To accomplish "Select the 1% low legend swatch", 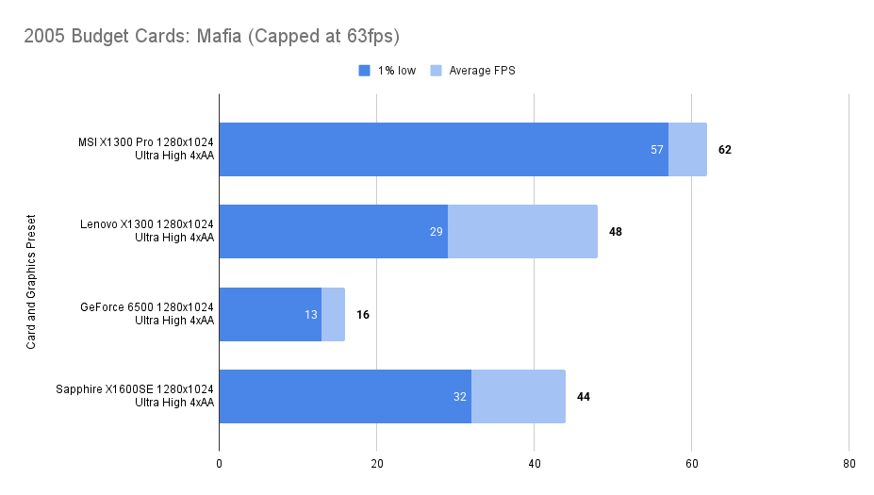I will tap(364, 70).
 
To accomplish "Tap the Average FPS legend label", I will tap(482, 70).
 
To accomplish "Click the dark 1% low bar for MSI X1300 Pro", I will tap(443, 149).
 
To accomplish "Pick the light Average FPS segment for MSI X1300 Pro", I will tap(687, 149).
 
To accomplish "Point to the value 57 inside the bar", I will tap(657, 150).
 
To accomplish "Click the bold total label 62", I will tap(724, 150).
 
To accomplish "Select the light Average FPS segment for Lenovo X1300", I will tap(522, 231).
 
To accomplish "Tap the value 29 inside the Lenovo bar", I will tap(437, 232).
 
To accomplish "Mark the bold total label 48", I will tap(615, 232).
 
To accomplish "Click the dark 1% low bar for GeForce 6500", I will tap(270, 314).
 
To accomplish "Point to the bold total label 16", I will tap(362, 314).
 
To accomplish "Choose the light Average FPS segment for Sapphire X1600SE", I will tap(518, 396).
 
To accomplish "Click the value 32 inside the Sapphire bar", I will tap(460, 397).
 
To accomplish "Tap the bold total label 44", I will tap(583, 397).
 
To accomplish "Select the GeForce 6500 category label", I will tap(147, 313).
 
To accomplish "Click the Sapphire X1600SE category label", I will tap(135, 395).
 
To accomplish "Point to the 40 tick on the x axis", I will tap(534, 464).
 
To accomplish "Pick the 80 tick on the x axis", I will tap(849, 464).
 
